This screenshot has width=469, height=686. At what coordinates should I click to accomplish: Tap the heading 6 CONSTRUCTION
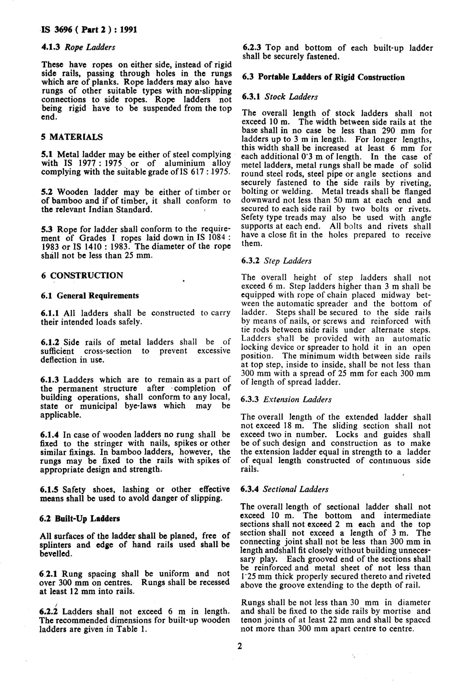pos(82,275)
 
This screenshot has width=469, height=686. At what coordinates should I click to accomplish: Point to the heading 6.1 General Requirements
pos(90,296)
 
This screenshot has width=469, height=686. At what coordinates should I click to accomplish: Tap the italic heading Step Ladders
pos(287,261)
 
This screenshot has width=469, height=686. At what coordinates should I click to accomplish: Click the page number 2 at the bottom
pos(240,646)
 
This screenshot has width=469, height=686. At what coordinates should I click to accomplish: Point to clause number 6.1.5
pos(49,490)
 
